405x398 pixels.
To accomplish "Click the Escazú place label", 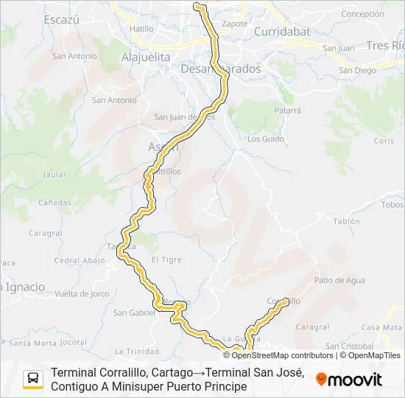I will (x=61, y=20).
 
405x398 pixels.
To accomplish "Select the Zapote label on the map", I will (x=235, y=23).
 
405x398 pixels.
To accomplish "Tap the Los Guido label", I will (x=266, y=139).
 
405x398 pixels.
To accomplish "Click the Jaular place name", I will (x=55, y=175).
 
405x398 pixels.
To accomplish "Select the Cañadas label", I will (x=55, y=202).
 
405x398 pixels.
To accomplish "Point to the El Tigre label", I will (x=166, y=259).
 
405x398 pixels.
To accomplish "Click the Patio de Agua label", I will (x=339, y=280).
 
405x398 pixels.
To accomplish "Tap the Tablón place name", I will (x=346, y=221).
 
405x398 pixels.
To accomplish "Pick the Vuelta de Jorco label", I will (x=82, y=293).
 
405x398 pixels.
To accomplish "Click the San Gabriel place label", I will (x=134, y=313).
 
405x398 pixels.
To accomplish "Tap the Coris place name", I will (x=384, y=140).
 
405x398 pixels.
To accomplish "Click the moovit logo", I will (x=349, y=380).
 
